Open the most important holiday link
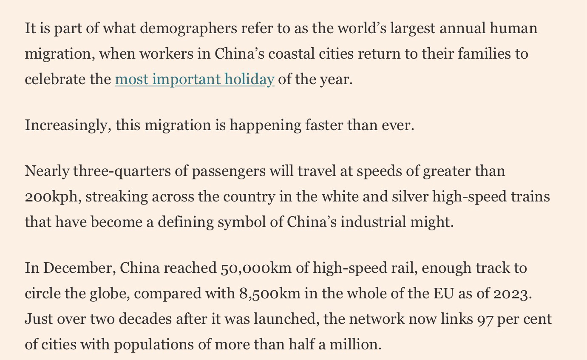194,79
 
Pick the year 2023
511,294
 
